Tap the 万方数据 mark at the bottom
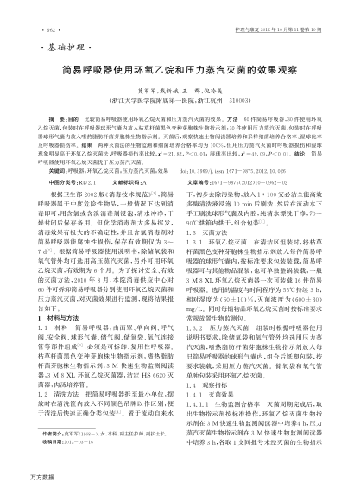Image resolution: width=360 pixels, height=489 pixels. pyautogui.click(x=19, y=478)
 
